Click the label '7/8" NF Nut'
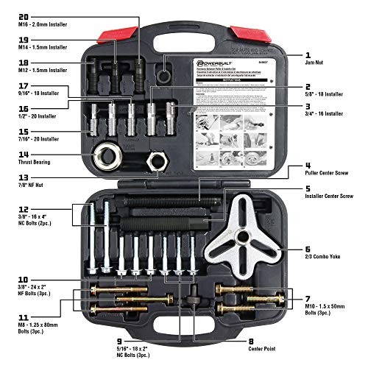point(28,186)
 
